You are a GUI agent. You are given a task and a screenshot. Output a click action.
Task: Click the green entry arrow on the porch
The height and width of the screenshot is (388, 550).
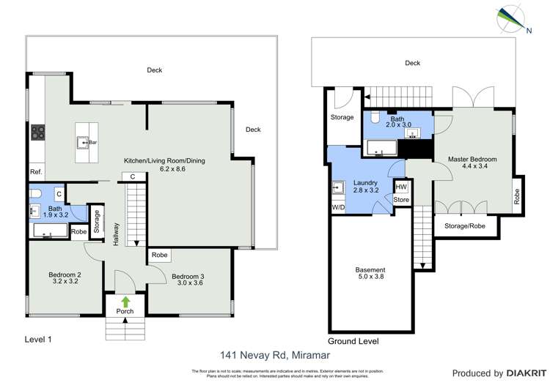125,300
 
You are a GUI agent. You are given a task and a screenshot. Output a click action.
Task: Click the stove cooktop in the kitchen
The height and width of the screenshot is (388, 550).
37,133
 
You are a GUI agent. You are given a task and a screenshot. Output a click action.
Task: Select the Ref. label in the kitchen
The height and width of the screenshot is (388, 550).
36,172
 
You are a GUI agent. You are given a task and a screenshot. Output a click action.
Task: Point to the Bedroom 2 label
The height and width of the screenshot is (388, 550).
65,279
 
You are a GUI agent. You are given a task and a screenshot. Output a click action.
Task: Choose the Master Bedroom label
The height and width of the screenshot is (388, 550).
472,163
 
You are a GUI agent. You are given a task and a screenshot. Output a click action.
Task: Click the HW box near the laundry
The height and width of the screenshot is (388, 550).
400,187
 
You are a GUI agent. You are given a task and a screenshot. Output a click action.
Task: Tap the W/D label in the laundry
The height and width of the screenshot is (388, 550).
338,207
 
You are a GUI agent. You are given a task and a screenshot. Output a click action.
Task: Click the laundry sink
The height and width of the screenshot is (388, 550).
339,187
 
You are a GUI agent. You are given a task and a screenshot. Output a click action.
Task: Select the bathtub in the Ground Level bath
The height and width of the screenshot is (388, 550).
380,149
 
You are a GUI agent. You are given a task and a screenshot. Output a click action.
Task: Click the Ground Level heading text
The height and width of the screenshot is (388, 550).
353,341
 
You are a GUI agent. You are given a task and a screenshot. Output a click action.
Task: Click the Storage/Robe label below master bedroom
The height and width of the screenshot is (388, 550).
466,226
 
